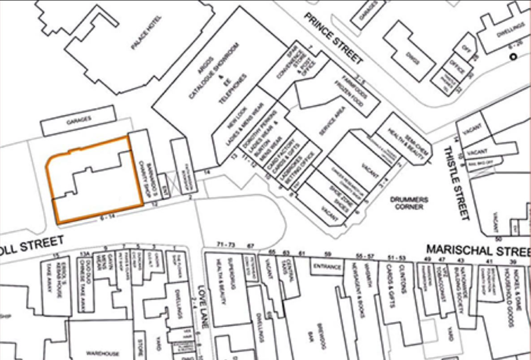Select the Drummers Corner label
pyautogui.click(x=410, y=203)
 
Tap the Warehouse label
pyautogui.click(x=104, y=354)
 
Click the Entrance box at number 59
pyautogui.click(x=327, y=267)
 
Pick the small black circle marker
pyautogui.click(x=513, y=57)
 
